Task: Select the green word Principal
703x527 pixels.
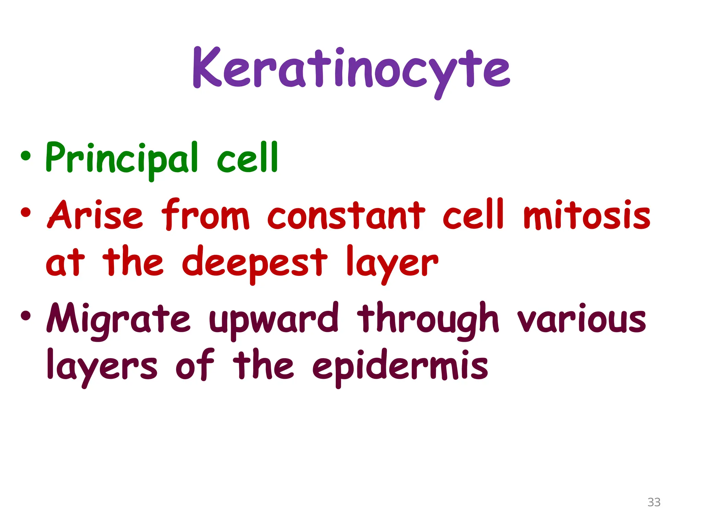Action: tap(122, 159)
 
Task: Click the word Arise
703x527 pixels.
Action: tap(95, 215)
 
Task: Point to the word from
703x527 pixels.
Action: tap(205, 215)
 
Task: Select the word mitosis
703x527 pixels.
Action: tap(587, 215)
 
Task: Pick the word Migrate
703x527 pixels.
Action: tap(118, 319)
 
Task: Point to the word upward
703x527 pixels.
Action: tap(274, 319)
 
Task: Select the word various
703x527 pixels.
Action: tap(581, 319)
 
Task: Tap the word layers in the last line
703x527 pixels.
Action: tap(102, 366)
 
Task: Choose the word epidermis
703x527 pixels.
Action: tap(400, 366)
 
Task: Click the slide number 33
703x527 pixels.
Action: tap(654, 502)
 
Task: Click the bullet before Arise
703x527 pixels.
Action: tap(26, 212)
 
